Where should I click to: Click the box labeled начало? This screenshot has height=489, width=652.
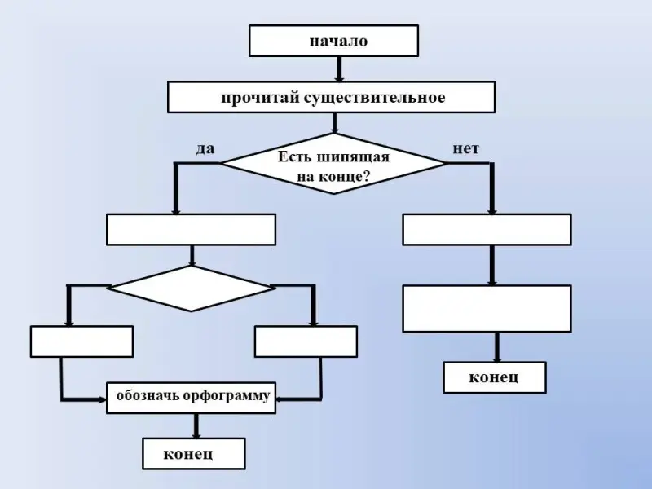(333, 41)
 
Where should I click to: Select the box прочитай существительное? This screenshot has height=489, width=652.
(331, 97)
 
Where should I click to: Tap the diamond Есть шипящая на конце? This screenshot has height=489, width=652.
(333, 164)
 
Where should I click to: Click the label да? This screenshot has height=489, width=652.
(205, 148)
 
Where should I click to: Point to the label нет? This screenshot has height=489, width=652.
(466, 148)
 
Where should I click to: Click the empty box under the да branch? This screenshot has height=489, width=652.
(191, 230)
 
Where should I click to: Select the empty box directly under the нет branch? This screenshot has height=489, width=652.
(487, 230)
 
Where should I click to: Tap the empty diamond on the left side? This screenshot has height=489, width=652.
(191, 288)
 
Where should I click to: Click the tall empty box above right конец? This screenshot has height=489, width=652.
(487, 309)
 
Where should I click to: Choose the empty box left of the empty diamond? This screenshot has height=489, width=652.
(81, 341)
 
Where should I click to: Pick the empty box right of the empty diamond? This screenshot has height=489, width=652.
(306, 341)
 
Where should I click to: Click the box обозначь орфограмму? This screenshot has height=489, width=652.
(192, 397)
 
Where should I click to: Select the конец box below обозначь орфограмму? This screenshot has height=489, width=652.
(193, 454)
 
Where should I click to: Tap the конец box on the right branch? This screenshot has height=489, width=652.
(494, 377)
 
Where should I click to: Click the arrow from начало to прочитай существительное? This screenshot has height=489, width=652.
(339, 68)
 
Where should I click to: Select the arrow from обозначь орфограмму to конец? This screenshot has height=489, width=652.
(195, 425)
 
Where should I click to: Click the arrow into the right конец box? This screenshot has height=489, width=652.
(496, 347)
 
